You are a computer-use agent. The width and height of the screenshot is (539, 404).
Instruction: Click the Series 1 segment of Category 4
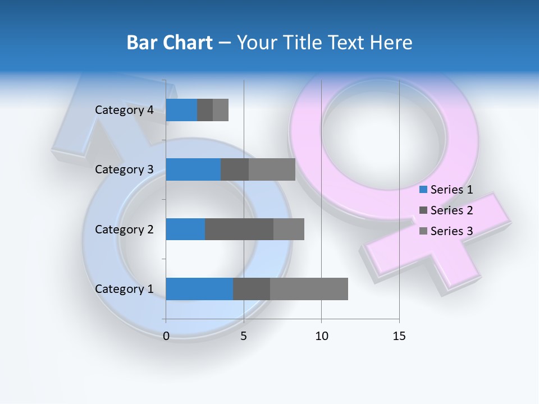click(181, 110)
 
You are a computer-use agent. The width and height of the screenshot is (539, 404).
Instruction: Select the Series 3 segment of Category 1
click(309, 289)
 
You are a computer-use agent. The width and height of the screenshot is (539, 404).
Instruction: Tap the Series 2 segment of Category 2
click(239, 229)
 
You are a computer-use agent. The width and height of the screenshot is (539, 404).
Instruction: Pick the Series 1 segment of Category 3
click(193, 169)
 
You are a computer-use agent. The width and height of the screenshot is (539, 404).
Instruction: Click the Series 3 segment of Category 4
click(221, 110)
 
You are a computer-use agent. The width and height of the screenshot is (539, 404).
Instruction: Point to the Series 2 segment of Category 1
click(252, 289)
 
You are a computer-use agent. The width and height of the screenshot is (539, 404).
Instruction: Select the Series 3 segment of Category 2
click(289, 229)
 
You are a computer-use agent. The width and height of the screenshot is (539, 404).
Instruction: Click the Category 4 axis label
click(124, 110)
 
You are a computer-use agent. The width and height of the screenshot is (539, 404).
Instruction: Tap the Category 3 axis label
click(124, 169)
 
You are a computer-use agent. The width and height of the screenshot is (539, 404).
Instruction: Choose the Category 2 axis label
click(124, 229)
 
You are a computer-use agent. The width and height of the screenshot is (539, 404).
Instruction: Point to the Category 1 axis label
click(124, 289)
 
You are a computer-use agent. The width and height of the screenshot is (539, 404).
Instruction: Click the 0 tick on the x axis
click(166, 336)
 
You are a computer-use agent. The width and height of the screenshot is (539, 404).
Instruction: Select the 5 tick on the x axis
click(244, 336)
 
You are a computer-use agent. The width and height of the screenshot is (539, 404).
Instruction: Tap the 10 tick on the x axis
click(321, 336)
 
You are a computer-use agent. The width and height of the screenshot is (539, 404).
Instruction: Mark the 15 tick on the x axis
click(399, 336)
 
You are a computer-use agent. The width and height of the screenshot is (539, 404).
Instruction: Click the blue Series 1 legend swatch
click(423, 190)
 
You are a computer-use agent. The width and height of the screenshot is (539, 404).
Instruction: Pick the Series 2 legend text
click(451, 210)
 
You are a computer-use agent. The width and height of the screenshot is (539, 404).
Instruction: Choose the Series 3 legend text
click(451, 231)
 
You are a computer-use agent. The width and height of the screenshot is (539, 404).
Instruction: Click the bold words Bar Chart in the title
click(170, 43)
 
